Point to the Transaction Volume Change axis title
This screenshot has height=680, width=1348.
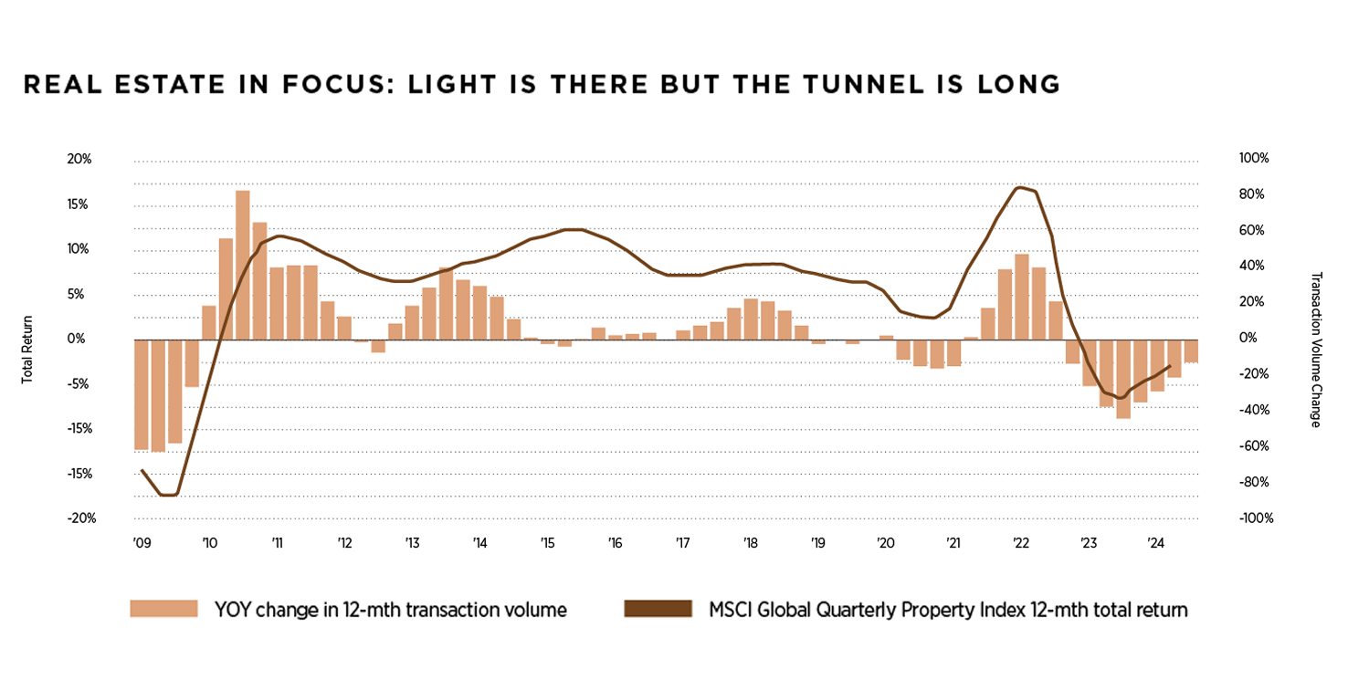pos(1316,349)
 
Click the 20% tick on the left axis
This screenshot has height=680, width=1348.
pos(80,159)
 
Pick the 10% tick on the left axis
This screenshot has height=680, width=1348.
pos(80,248)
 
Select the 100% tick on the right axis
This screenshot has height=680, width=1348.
pos(1254,159)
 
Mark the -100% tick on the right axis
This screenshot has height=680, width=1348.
pos(1256,518)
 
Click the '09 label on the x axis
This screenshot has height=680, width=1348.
pos(141,543)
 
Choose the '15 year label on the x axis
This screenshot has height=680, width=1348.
pos(547,543)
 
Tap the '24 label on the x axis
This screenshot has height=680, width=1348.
pos(1154,543)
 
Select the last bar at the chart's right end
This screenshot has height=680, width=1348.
pos(1191,351)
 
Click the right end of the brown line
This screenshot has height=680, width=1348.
pos(1170,366)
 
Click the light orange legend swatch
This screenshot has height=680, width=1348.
pos(163,609)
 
